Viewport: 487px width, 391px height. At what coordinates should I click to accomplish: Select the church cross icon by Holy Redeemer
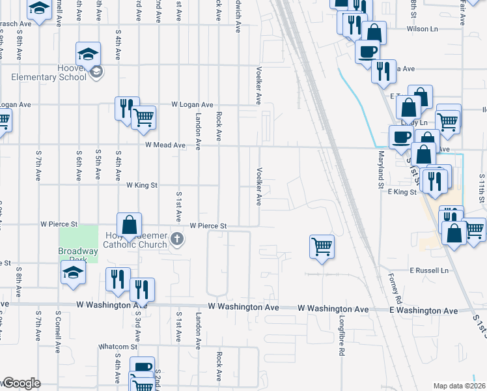[176, 240]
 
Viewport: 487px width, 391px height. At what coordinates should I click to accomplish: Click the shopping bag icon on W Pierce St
[130, 225]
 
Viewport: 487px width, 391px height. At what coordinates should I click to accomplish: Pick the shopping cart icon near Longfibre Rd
[322, 246]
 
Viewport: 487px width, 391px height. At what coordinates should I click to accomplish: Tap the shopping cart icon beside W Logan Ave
[143, 117]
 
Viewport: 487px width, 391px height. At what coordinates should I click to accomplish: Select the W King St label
[142, 185]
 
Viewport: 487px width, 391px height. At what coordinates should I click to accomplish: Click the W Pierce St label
[208, 225]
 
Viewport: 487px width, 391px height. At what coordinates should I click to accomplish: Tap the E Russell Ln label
[429, 270]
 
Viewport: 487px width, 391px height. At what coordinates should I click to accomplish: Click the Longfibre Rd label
[342, 336]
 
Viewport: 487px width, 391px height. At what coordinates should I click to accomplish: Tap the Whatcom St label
[115, 347]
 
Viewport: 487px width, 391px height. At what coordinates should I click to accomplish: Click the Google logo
[21, 384]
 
